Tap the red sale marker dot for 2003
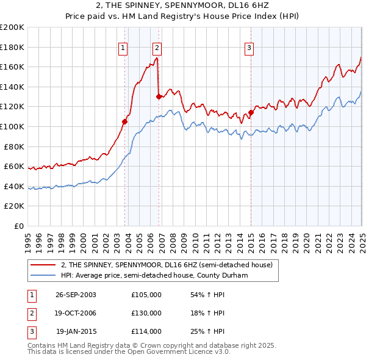click(125, 121)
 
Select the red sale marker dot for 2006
click(159, 96)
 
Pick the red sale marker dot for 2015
click(251, 112)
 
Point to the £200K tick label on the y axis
click(12, 27)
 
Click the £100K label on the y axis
click(12, 126)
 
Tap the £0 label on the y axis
click(18, 226)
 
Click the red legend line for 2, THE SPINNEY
click(43, 264)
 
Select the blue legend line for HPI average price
click(43, 275)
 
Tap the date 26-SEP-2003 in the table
click(76, 295)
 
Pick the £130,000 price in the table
click(146, 313)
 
